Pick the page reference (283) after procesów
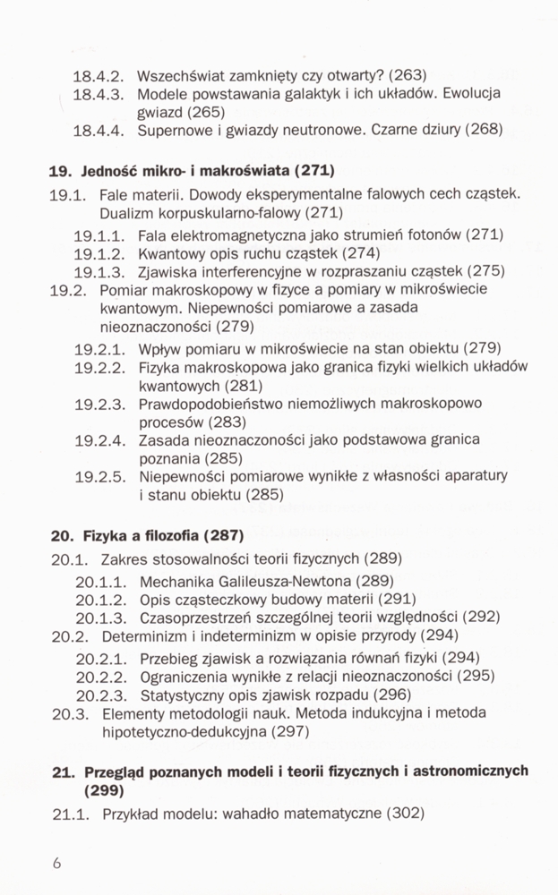point(230,422)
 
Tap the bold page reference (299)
point(104,791)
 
